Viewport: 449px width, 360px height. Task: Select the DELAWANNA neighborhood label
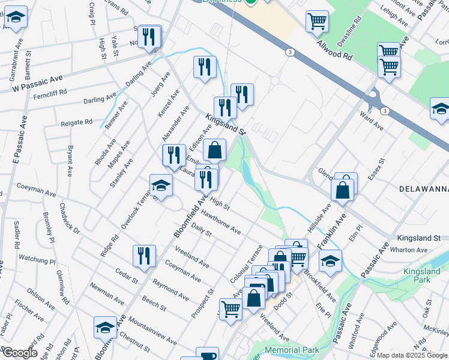(x=424, y=189)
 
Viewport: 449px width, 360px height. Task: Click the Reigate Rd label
(x=76, y=122)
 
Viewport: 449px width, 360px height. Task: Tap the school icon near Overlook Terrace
(x=161, y=185)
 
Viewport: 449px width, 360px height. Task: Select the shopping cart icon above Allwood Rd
(x=317, y=22)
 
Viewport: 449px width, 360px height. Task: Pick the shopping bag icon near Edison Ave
(x=214, y=151)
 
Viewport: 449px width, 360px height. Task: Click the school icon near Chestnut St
(x=105, y=328)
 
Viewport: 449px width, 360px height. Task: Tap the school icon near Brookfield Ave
(x=330, y=261)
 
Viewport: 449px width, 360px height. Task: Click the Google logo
(x=19, y=353)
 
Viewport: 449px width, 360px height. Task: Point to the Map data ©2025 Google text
(x=411, y=355)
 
